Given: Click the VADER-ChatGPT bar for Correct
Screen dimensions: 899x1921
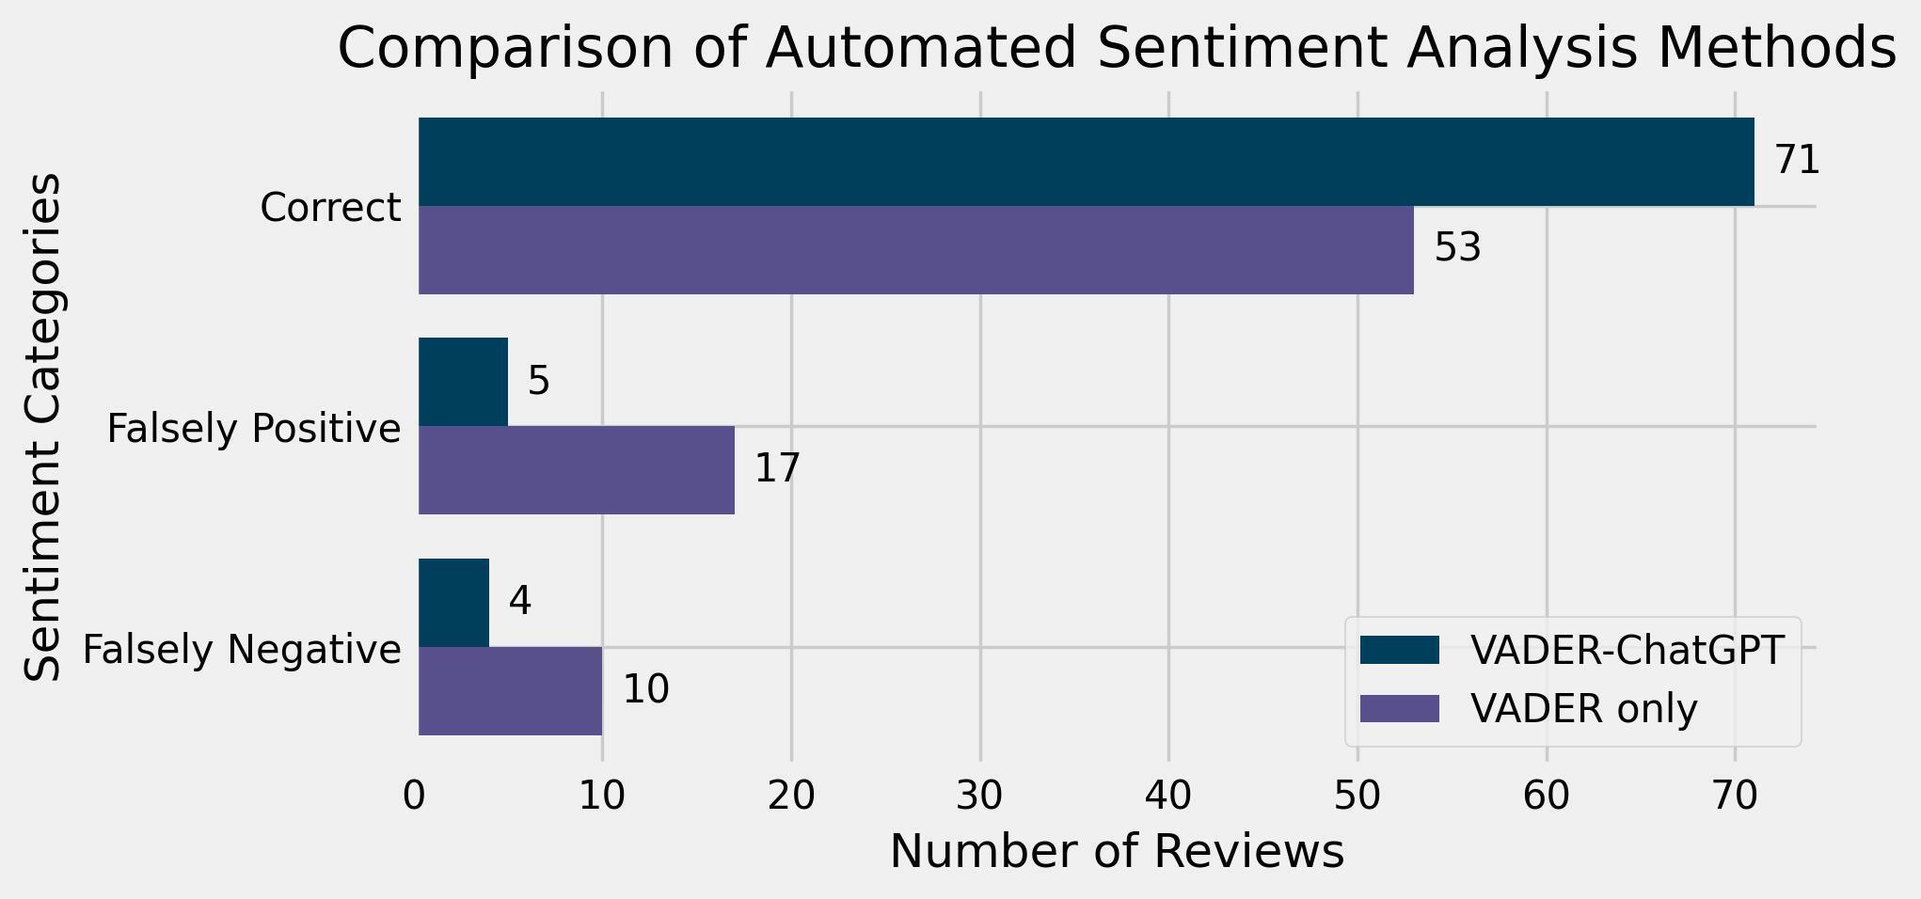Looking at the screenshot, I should (1086, 162).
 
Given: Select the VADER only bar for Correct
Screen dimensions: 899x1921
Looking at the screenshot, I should (915, 250).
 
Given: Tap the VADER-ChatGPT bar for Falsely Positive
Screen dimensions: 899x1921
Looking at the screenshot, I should (463, 382).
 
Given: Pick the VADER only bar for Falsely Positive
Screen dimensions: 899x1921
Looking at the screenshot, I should (576, 470).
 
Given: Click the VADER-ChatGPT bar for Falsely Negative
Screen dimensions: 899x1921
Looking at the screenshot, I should (453, 603).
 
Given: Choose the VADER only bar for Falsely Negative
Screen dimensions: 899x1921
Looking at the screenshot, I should (510, 691).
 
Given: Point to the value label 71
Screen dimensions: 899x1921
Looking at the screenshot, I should (1797, 161).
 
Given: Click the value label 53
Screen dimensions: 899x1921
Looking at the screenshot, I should (1457, 249).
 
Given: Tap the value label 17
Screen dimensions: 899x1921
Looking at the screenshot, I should (777, 469).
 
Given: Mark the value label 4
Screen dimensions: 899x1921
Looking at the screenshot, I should (520, 602).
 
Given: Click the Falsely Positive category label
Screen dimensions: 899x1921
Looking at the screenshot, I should (254, 429).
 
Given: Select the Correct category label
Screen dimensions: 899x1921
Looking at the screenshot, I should (330, 208).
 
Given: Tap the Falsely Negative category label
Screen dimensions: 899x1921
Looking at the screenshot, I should (242, 650).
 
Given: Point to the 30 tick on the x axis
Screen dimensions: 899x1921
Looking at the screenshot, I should (980, 796).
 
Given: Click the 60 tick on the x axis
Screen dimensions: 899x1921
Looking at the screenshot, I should (1547, 796).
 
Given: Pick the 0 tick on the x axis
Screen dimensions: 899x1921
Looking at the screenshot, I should (414, 796).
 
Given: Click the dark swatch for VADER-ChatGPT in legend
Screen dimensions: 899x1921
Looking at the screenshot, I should (1399, 651).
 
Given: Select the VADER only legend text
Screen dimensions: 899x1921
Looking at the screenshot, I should (1584, 709).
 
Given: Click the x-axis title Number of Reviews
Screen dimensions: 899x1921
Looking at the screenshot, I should (1117, 852).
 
